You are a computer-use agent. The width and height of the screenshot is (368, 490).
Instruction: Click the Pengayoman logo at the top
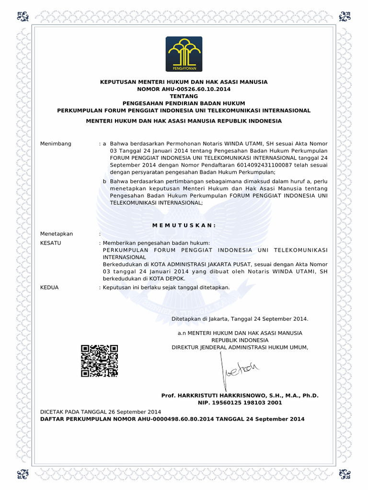coord(184,54)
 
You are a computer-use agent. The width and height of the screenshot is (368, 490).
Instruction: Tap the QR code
coord(100,361)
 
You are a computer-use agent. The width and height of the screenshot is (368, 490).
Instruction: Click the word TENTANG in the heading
coord(184,96)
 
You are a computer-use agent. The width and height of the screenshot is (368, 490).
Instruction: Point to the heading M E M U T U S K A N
coord(184,225)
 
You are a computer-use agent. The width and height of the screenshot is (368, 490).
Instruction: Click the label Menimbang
coord(56,144)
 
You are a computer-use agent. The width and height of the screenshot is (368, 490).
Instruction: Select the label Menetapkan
coord(57,234)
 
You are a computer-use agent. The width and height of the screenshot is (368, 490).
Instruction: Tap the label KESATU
coord(51,243)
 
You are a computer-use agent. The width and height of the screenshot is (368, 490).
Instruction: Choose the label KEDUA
coord(49,287)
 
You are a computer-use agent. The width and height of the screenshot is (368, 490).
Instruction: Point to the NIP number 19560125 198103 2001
coord(240,403)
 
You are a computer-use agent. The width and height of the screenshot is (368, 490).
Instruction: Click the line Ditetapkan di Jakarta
coord(240,319)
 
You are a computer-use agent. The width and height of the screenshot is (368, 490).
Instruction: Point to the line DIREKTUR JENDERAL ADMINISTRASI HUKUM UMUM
coord(240,347)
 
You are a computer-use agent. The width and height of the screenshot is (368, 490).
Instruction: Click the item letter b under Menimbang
coord(104,181)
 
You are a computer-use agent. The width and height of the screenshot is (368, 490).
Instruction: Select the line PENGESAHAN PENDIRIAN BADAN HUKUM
coord(184,103)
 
